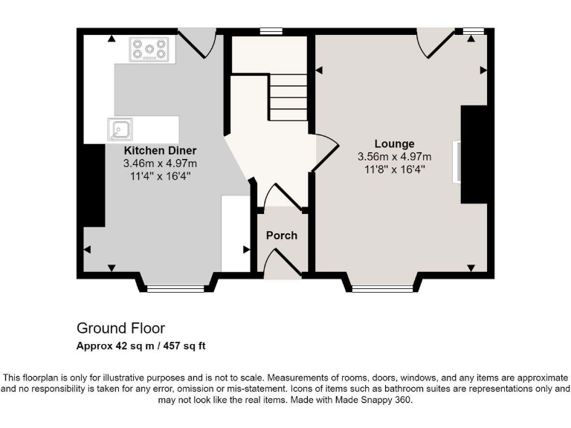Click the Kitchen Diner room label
160,149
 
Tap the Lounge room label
394,143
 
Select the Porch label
282,236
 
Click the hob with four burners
152,50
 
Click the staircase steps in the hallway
287,97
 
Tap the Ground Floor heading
120,328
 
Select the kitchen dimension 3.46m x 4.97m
160,163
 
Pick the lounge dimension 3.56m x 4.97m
394,157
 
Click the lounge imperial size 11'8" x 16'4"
394,169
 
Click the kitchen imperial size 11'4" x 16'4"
160,175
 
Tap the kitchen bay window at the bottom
175,288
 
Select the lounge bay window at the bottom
383,288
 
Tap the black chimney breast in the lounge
474,155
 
